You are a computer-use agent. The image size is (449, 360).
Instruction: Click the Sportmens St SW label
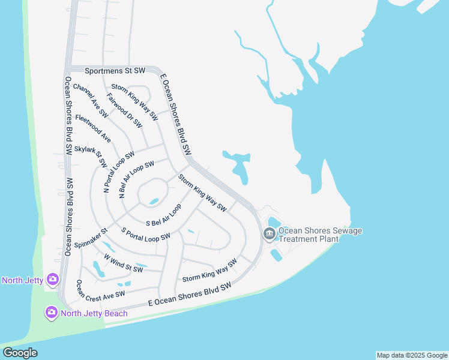[x=115, y=71]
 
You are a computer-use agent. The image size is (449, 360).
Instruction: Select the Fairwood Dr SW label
[x=124, y=110]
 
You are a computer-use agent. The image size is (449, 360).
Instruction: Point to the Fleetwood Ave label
[x=93, y=128]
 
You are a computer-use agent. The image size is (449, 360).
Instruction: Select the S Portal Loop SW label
[x=146, y=234]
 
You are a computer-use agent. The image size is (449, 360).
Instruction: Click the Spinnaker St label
[x=91, y=238]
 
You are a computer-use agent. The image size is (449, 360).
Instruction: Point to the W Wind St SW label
[x=123, y=263]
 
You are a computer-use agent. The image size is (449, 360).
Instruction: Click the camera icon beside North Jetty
[x=53, y=280]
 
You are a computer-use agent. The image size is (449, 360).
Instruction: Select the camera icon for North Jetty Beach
[x=52, y=313]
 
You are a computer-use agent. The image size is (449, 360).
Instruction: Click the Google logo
[x=20, y=353]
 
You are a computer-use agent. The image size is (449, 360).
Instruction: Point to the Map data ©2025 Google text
[x=411, y=355]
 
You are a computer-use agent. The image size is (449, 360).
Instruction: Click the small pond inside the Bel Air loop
[x=154, y=201]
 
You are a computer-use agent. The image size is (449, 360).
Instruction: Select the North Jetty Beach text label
[x=94, y=313]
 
